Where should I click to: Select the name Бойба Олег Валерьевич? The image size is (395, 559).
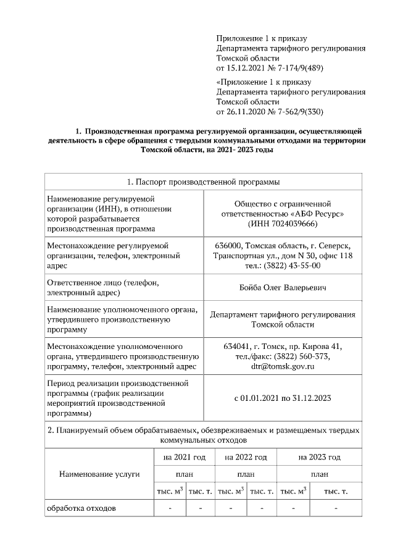pyautogui.click(x=282, y=288)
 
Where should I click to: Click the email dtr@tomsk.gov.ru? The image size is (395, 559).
pyautogui.click(x=282, y=366)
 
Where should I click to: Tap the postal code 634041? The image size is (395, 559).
pyautogui.click(x=237, y=345)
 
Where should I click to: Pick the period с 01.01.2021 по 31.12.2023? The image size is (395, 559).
pyautogui.click(x=282, y=398)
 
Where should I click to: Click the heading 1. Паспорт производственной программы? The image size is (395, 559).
pyautogui.click(x=203, y=183)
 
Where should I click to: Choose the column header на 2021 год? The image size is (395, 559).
pyautogui.click(x=184, y=458)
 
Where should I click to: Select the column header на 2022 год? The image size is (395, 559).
pyautogui.click(x=246, y=458)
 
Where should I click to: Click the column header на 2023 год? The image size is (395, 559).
pyautogui.click(x=319, y=458)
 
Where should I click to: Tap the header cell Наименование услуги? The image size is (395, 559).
pyautogui.click(x=99, y=474)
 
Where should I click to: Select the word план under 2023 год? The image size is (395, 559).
pyautogui.click(x=319, y=474)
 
